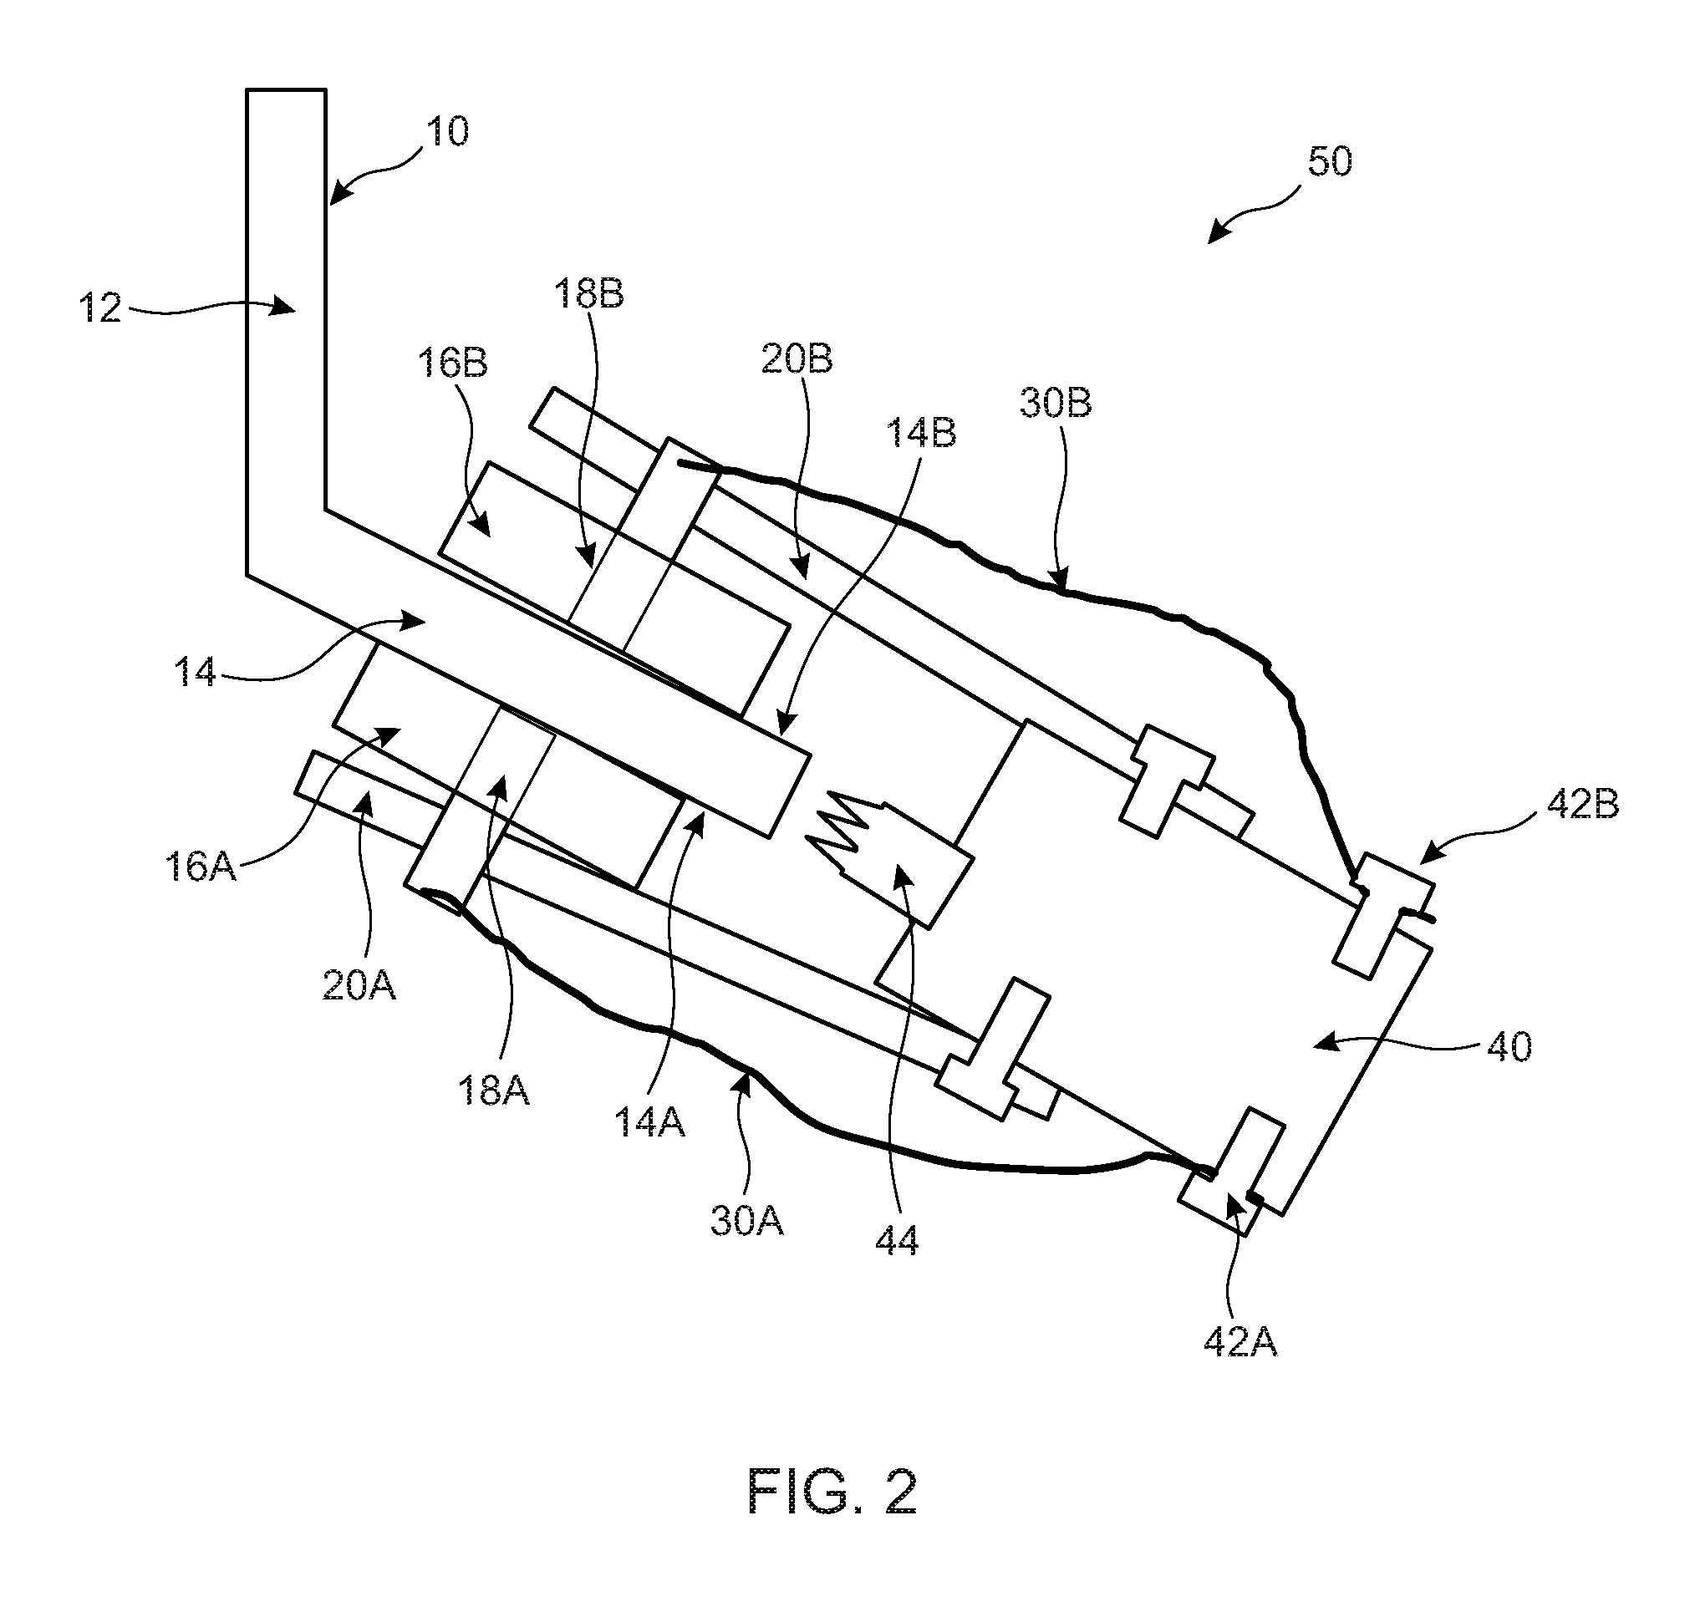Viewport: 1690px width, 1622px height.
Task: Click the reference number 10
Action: click(447, 132)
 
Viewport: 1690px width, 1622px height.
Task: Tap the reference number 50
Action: click(1330, 161)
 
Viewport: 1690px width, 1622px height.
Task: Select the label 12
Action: click(100, 308)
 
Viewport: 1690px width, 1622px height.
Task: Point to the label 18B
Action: click(589, 294)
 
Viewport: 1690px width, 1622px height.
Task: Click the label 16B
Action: click(453, 363)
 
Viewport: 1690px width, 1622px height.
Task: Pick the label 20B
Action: click(797, 358)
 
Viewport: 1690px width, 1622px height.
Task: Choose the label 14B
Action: click(922, 432)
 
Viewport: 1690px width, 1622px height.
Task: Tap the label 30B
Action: click(1056, 403)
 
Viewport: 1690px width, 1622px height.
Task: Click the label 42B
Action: click(1583, 805)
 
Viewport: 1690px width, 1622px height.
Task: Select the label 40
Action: click(1509, 1047)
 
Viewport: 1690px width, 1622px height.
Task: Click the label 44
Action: click(898, 1241)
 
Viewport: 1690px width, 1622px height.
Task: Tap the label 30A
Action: click(747, 1221)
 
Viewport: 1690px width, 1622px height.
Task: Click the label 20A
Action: click(359, 984)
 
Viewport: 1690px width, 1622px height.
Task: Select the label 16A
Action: click(200, 866)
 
